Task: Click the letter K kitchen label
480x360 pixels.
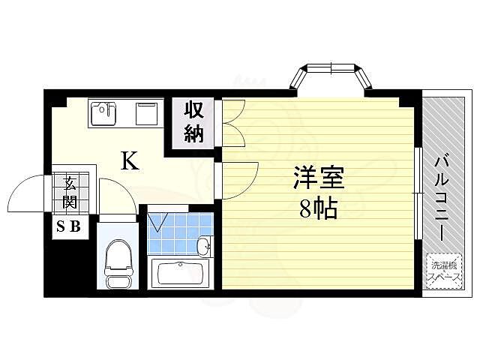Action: (130, 160)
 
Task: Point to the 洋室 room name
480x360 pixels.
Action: (318, 180)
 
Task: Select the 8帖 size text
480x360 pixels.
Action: (318, 208)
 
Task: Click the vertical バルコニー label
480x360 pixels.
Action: (442, 196)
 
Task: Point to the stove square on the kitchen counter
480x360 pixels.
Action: (145, 114)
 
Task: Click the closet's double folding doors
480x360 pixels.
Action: (232, 121)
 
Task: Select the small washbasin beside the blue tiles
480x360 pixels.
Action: (203, 245)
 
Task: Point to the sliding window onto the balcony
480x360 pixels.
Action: (416, 195)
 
